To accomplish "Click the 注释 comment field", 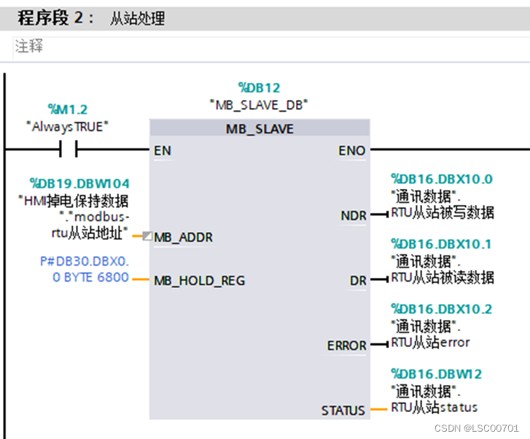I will click(x=29, y=46).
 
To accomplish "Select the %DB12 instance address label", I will click(x=259, y=88).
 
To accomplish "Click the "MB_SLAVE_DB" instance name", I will click(x=259, y=105).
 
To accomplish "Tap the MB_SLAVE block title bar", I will click(x=260, y=129).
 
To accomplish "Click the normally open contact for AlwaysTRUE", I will click(x=68, y=150).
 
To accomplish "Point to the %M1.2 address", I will click(x=68, y=109).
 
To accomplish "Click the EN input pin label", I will click(x=163, y=151).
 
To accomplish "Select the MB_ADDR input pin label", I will click(x=183, y=237).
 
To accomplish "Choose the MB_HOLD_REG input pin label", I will click(x=199, y=281).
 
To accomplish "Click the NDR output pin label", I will click(x=353, y=216).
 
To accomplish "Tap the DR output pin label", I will click(x=357, y=281).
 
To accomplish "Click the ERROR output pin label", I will click(x=346, y=346).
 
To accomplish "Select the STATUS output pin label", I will click(x=343, y=411).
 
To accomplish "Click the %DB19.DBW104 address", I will click(x=79, y=184).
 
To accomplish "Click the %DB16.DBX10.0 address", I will click(x=442, y=179).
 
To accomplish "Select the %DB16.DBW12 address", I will click(x=436, y=374).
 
